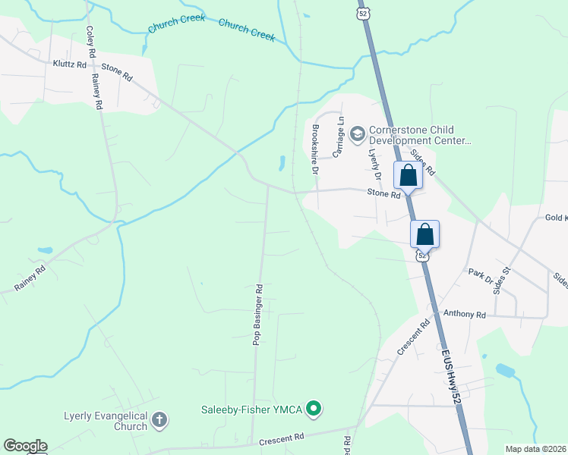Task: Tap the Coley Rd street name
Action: pyautogui.click(x=90, y=42)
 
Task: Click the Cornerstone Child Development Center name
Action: pyautogui.click(x=420, y=136)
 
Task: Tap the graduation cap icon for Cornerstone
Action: pyautogui.click(x=357, y=136)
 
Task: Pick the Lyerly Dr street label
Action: pyautogui.click(x=374, y=163)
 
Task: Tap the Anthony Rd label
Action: pyautogui.click(x=464, y=314)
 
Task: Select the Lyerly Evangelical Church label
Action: pyautogui.click(x=106, y=421)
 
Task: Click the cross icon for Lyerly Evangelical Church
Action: pyautogui.click(x=159, y=419)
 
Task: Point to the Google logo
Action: pyautogui.click(x=25, y=446)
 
